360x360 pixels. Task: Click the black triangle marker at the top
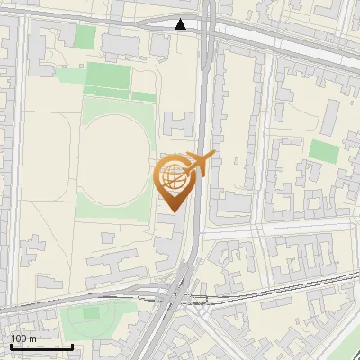[x=182, y=24]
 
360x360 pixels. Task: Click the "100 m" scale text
[x=22, y=338]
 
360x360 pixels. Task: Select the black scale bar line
[x=40, y=346]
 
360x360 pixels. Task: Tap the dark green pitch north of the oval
[x=108, y=76]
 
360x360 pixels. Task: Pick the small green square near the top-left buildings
[x=85, y=37]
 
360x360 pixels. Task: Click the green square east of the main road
[x=324, y=151]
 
